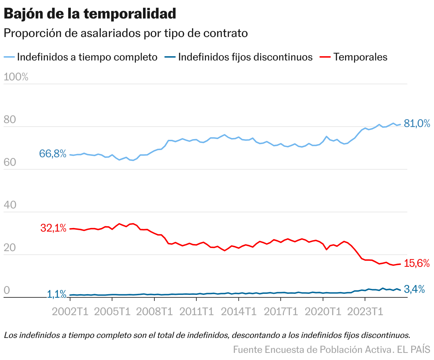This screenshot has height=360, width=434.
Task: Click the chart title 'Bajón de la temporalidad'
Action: tap(90, 14)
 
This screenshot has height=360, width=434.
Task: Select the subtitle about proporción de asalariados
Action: tap(125, 33)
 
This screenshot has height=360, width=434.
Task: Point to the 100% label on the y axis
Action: tap(16, 77)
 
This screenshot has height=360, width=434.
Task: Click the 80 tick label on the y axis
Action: tap(10, 120)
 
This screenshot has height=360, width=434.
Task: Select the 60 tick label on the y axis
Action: tap(10, 163)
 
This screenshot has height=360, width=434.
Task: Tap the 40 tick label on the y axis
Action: tap(10, 205)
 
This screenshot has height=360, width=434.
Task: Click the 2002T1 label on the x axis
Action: tap(70, 312)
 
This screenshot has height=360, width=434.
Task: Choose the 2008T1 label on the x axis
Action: tap(154, 312)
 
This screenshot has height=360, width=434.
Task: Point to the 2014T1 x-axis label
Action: tap(239, 312)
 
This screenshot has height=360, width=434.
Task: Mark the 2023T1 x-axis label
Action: tap(365, 312)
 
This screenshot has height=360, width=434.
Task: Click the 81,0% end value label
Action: tap(417, 124)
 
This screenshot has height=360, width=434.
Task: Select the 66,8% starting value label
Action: tap(53, 154)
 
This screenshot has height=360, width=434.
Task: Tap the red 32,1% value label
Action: tap(53, 228)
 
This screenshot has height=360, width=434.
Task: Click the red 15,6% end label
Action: tap(417, 264)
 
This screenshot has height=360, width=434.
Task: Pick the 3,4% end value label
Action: tap(414, 290)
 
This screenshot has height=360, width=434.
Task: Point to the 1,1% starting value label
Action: tap(57, 294)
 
